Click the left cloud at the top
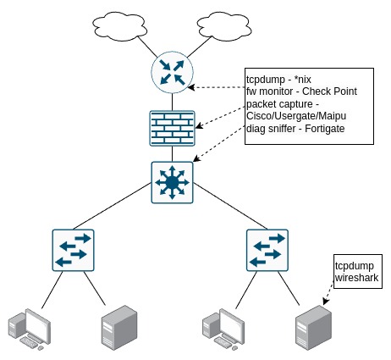pos(119,26)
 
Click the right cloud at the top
pos(224,26)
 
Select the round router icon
pos(172,72)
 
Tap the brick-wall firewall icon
pos(172,128)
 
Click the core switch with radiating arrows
pos(172,182)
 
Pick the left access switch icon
pos(73,250)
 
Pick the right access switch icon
pos(267,250)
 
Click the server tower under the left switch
pos(119,328)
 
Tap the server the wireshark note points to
pos(314,328)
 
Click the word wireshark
pos(356,278)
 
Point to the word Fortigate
pos(325,129)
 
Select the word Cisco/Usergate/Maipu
pos(296,116)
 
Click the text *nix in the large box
pos(302,80)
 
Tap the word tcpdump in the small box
pos(355,266)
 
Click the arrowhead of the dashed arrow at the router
pos(191,87)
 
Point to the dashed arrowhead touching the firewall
pos(199,125)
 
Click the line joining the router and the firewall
pos(172,102)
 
